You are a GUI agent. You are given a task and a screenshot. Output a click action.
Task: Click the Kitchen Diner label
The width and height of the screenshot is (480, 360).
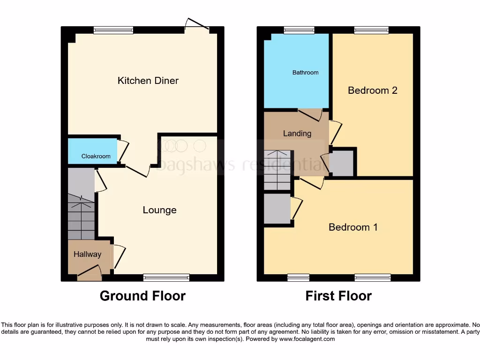tap(148, 81)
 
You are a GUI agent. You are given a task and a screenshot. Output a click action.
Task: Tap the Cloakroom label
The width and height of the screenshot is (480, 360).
tap(96, 156)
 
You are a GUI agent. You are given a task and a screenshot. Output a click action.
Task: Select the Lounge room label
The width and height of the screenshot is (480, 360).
tap(159, 210)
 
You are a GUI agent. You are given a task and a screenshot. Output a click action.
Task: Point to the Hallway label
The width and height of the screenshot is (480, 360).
tap(87, 255)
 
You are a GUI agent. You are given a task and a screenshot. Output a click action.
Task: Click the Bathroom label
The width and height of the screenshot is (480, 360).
tap(305, 73)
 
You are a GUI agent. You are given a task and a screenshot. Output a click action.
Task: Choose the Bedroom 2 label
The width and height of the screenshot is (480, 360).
tap(372, 90)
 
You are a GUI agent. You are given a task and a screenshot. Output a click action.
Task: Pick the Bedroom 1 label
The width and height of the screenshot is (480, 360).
tap(353, 227)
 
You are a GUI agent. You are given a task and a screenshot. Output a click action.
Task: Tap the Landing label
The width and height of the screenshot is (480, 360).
tap(297, 134)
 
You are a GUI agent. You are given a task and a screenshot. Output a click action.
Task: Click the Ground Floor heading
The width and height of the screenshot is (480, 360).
tap(142, 296)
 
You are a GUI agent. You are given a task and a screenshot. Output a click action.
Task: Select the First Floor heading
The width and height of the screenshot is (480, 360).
tap(338, 296)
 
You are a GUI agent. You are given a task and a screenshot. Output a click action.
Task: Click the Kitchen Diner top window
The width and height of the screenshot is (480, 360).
tap(113, 30)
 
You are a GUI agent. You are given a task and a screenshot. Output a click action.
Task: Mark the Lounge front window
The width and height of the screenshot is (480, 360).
tap(166, 277)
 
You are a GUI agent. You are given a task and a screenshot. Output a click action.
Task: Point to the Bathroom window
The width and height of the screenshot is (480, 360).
tap(299, 30)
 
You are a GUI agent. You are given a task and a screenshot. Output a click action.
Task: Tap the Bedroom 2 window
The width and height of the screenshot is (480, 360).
tap(371, 30)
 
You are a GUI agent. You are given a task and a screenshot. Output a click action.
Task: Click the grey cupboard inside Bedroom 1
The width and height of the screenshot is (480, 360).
tap(277, 209)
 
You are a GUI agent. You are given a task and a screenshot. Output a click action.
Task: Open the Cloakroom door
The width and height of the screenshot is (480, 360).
tap(122, 150)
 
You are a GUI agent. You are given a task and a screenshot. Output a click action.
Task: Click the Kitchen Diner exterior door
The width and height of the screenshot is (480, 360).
tap(197, 26)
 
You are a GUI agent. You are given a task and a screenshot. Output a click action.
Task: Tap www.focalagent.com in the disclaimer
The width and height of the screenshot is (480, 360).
tap(307, 339)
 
